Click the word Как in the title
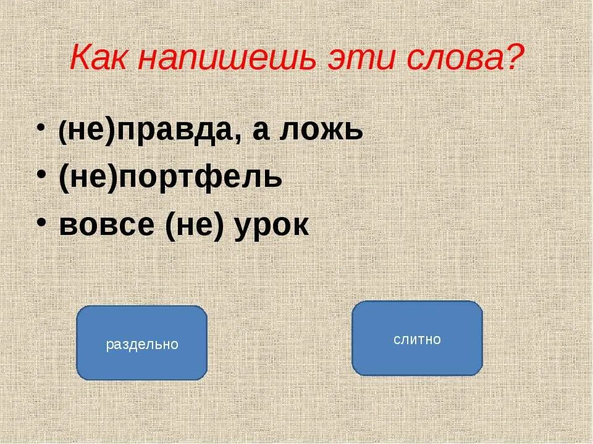coord(101,59)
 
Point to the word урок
coord(272,227)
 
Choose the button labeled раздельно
coord(141,343)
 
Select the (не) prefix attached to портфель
coord(88,178)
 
